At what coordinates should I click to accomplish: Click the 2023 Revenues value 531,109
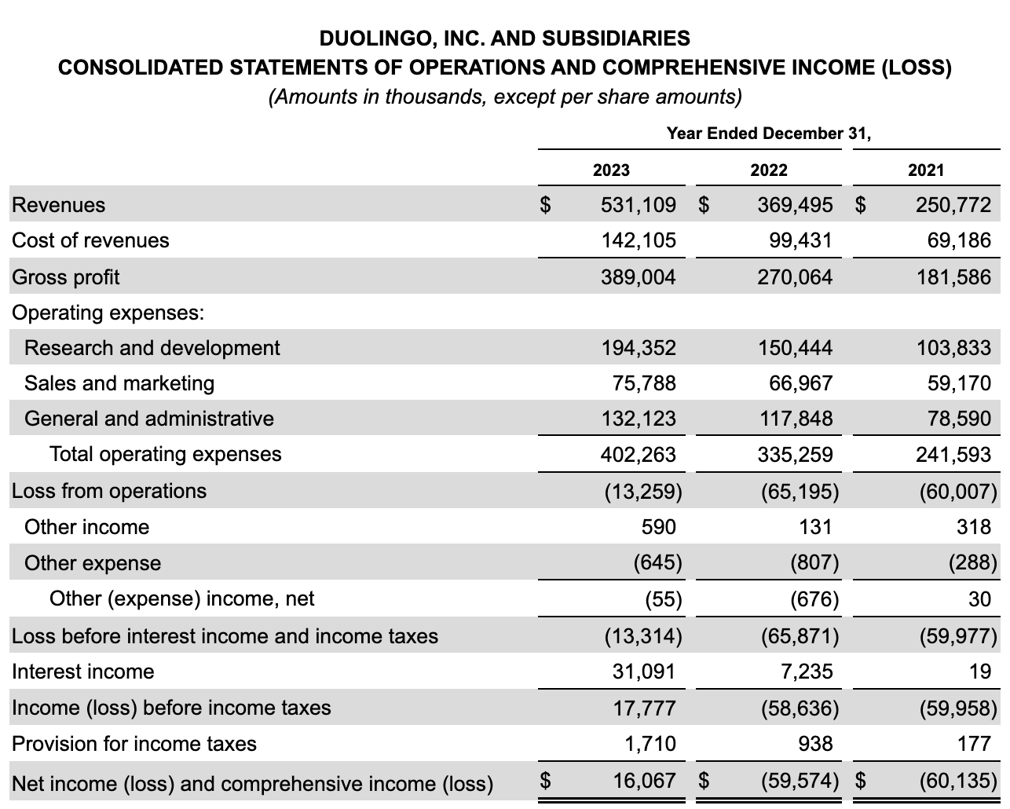click(x=638, y=205)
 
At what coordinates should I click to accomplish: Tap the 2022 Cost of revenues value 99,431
click(x=800, y=240)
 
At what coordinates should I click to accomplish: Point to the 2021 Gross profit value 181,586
click(x=953, y=276)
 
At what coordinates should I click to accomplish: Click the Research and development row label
click(x=152, y=348)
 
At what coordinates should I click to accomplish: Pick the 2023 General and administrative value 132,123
click(x=638, y=419)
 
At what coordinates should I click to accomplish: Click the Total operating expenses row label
click(x=165, y=454)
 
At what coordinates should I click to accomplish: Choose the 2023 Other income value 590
click(x=658, y=526)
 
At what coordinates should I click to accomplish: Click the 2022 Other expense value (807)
click(x=814, y=562)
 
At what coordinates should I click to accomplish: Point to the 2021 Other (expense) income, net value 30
click(x=979, y=599)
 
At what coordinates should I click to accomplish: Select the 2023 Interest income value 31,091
click(x=643, y=672)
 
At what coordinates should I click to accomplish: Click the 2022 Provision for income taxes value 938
click(x=815, y=743)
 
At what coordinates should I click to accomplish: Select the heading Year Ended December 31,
click(x=768, y=133)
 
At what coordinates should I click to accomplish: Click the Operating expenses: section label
click(x=108, y=313)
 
